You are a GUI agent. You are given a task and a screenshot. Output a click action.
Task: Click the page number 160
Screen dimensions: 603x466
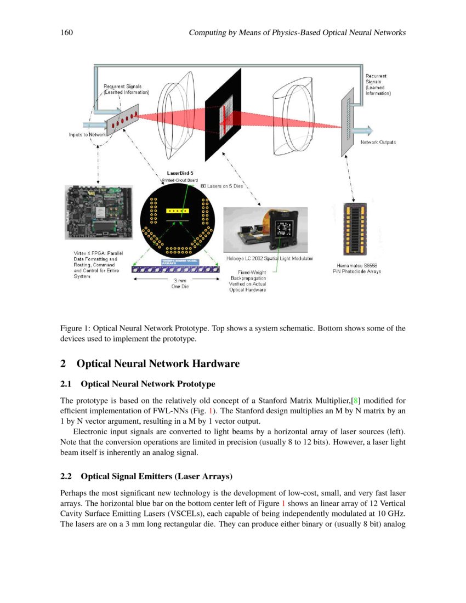click(66, 33)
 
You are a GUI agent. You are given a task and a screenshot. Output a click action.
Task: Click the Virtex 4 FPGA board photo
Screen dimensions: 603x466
click(99, 212)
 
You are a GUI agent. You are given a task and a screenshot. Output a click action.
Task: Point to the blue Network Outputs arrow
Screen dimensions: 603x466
click(362, 130)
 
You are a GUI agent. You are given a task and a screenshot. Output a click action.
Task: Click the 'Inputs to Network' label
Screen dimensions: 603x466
click(87, 134)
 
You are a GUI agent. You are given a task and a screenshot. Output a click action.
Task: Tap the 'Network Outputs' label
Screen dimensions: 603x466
click(378, 143)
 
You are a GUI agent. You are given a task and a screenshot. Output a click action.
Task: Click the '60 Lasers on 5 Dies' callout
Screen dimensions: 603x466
click(221, 186)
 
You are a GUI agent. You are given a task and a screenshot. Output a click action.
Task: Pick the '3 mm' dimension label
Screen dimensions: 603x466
click(180, 281)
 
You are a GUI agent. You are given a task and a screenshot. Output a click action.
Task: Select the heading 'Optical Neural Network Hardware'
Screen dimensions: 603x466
click(158, 363)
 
